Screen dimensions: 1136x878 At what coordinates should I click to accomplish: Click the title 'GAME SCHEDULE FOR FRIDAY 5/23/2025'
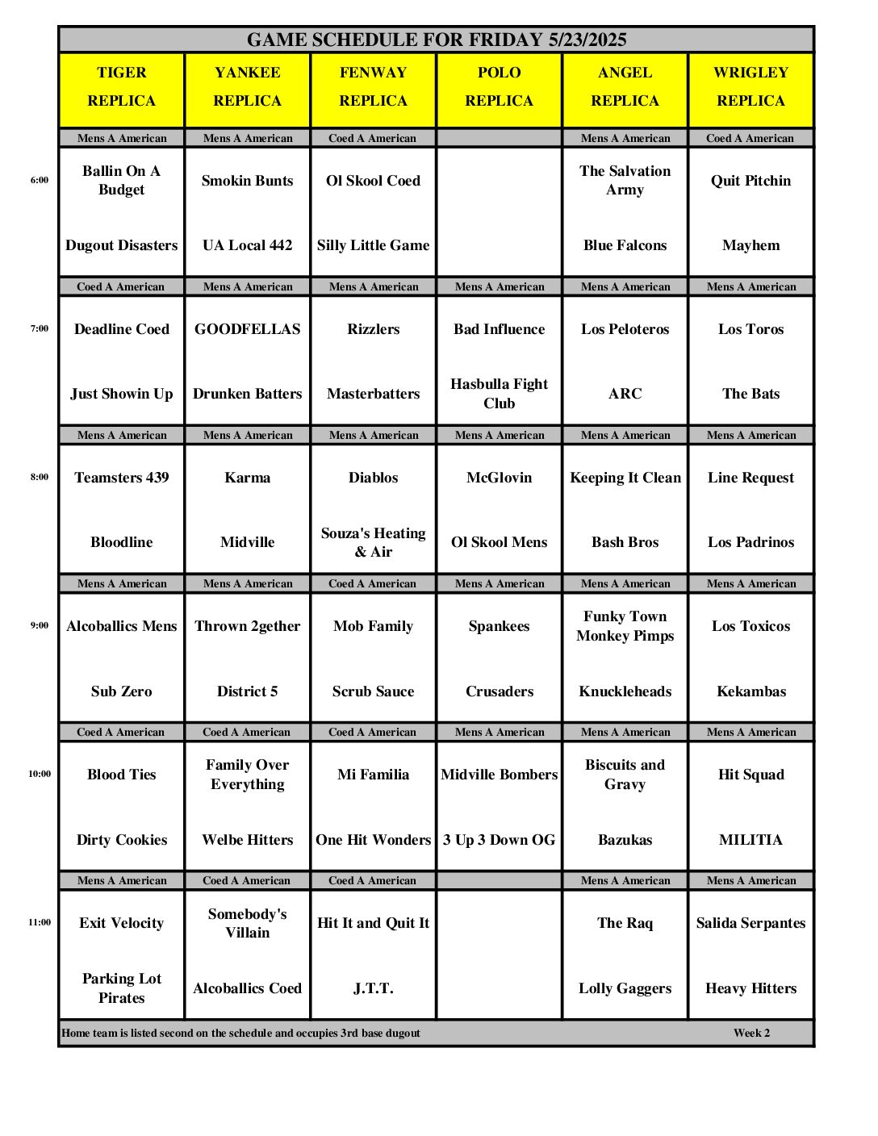[436, 40]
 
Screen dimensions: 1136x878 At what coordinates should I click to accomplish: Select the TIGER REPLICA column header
[122, 87]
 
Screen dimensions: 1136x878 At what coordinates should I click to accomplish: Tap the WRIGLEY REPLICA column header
[750, 87]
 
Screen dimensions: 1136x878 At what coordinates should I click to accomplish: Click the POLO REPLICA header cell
[499, 87]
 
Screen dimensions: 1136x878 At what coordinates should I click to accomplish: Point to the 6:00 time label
[40, 180]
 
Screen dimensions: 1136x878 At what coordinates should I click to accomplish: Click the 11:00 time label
[40, 922]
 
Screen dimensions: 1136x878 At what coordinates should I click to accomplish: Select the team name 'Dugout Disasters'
[122, 245]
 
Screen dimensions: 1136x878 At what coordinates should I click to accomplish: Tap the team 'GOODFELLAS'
[247, 329]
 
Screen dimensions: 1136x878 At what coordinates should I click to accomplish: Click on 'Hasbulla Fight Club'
[499, 394]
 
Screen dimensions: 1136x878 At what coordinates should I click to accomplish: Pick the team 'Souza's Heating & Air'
[373, 542]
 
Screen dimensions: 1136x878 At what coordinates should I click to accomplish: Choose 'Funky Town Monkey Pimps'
[625, 626]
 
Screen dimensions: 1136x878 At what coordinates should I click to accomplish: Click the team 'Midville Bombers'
[499, 775]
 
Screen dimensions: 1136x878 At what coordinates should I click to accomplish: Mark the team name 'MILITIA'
[750, 840]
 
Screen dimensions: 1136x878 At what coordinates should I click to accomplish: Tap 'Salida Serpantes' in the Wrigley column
[750, 923]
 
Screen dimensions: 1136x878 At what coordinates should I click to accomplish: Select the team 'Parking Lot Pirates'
[122, 988]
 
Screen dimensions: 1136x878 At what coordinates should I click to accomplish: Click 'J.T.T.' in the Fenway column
[373, 988]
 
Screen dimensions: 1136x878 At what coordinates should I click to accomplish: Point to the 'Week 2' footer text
[751, 1033]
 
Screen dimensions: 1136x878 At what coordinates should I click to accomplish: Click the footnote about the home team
[240, 1033]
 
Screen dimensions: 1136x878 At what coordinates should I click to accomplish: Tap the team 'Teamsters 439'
[122, 478]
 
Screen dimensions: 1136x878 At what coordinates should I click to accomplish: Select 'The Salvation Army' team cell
[625, 180]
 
